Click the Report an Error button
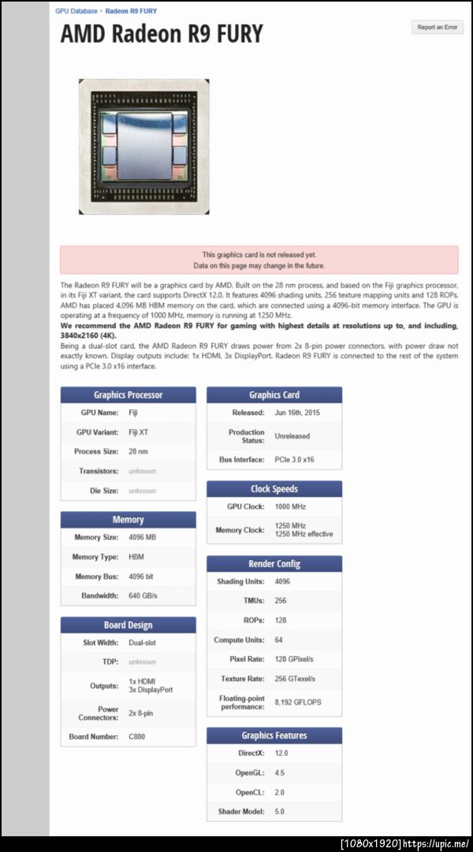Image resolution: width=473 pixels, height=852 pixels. [x=438, y=28]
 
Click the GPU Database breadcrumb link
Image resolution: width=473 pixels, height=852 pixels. [x=76, y=11]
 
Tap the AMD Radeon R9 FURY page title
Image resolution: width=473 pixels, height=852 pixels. [x=162, y=35]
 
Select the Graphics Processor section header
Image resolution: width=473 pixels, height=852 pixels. [x=128, y=395]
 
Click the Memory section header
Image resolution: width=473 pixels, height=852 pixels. [x=128, y=520]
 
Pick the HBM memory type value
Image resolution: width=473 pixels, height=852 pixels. [x=136, y=557]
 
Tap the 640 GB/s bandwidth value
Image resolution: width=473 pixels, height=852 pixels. [x=143, y=595]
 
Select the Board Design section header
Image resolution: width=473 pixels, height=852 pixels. [x=128, y=625]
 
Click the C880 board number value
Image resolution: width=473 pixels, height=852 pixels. [x=138, y=737]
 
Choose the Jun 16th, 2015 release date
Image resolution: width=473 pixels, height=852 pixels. [x=298, y=413]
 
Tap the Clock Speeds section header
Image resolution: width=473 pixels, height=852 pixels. [x=274, y=489]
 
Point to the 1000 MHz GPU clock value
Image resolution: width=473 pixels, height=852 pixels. [x=289, y=507]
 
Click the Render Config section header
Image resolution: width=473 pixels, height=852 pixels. [x=274, y=564]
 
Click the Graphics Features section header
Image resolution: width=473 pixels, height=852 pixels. [x=274, y=735]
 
